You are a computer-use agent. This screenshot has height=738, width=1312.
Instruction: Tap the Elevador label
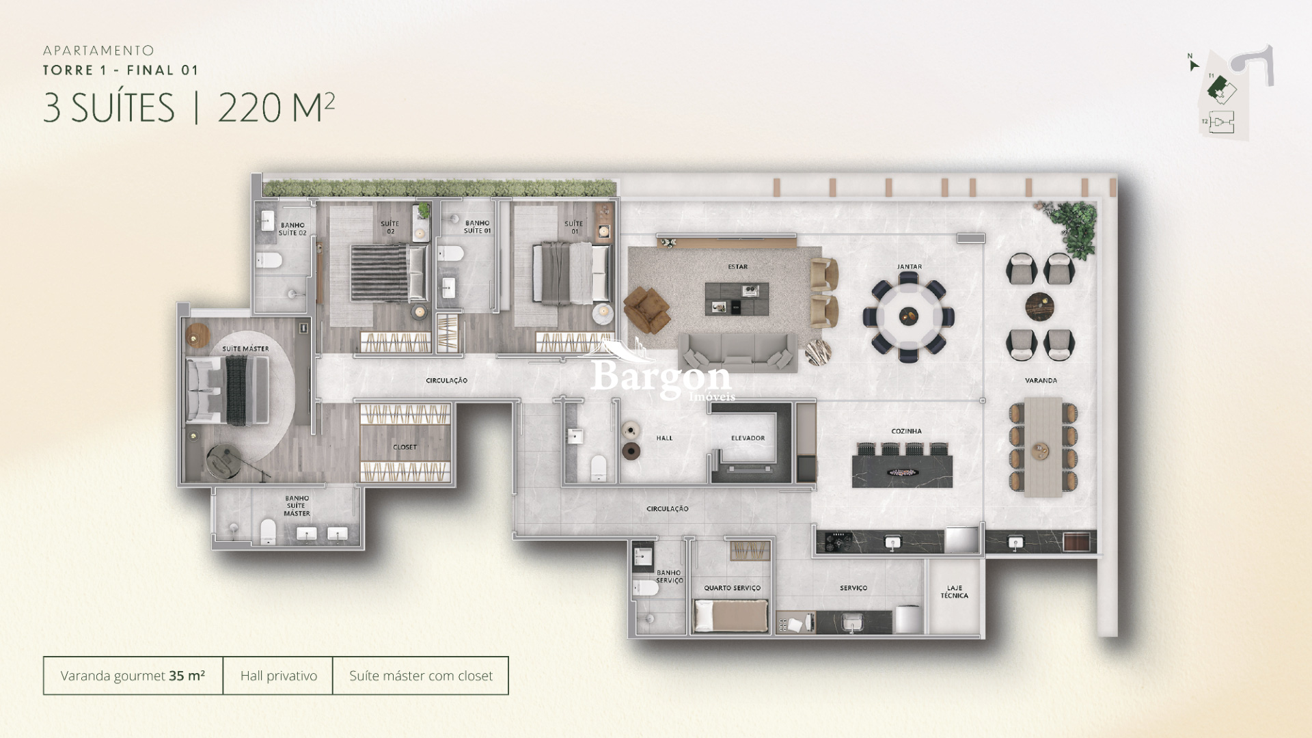point(748,438)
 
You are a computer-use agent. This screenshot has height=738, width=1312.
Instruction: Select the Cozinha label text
point(906,431)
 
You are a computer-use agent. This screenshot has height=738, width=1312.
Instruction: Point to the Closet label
point(405,447)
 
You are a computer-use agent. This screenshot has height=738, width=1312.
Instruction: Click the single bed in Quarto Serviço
point(731,615)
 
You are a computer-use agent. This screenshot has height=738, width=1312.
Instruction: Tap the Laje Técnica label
point(954,592)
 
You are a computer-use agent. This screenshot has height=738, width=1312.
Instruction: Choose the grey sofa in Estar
point(737,352)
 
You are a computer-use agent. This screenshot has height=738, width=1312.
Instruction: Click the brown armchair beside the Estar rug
point(646,309)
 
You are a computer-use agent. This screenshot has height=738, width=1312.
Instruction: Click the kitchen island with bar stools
point(902,468)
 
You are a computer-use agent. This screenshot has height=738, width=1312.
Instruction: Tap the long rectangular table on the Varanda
point(1043,448)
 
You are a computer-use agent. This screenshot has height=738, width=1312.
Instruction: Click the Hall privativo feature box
point(278,676)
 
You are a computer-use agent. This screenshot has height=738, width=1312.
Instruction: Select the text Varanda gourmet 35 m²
point(133,676)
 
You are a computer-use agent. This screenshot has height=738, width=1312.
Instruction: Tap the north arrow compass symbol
point(1193,64)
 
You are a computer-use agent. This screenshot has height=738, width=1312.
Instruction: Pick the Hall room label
point(664,438)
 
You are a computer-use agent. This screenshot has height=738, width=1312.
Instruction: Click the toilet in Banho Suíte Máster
point(268,532)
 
